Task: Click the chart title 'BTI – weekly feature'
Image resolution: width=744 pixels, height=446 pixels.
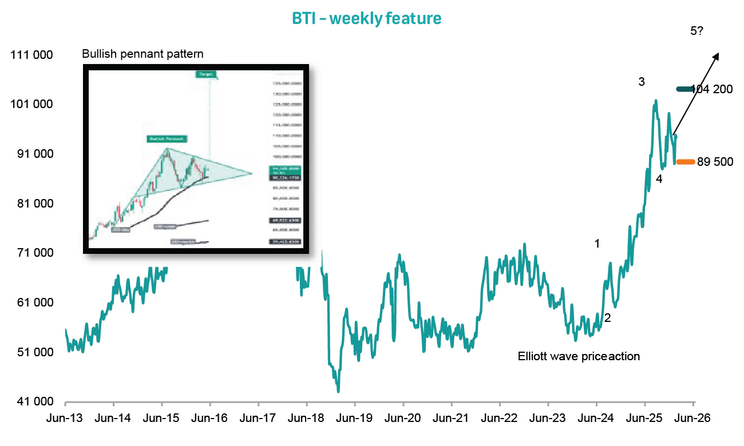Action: [367, 18]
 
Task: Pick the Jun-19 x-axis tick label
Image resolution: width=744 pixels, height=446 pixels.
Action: [355, 418]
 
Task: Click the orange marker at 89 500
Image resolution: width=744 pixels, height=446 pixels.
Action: [685, 162]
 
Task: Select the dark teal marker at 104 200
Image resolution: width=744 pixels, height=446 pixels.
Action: [685, 89]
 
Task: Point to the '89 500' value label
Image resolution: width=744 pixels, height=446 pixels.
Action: [715, 162]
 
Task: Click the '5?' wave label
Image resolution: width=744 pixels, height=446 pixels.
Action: [697, 31]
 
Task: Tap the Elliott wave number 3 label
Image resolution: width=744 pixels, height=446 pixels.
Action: [642, 82]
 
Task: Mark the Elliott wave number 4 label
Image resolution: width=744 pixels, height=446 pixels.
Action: [659, 179]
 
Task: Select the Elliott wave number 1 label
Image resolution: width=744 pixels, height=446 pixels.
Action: [597, 244]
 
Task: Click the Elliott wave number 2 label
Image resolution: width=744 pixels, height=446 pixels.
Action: [608, 318]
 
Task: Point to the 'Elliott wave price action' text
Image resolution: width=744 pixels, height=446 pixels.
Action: [579, 356]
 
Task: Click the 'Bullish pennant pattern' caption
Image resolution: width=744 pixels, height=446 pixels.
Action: [143, 54]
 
